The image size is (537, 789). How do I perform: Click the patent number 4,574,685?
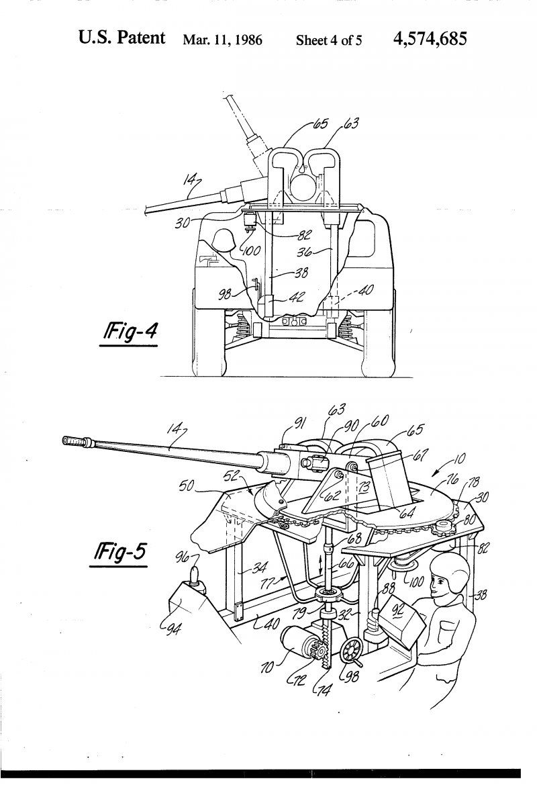pos(430,39)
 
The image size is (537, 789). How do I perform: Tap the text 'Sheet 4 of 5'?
pos(329,40)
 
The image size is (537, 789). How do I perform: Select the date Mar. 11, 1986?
pos(222,40)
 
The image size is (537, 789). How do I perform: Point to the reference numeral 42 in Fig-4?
pos(296,297)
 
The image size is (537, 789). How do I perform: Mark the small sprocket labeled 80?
pos(442,529)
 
